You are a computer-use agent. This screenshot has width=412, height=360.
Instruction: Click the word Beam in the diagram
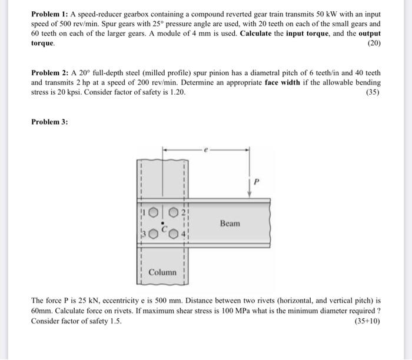pos(230,224)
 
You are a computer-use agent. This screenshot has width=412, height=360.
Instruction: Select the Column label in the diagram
pos(162,272)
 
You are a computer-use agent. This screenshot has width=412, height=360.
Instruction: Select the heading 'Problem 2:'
pos(49,74)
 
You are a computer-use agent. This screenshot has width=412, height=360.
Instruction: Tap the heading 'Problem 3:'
pos(49,122)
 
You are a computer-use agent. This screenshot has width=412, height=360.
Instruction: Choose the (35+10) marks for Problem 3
pos(367,321)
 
